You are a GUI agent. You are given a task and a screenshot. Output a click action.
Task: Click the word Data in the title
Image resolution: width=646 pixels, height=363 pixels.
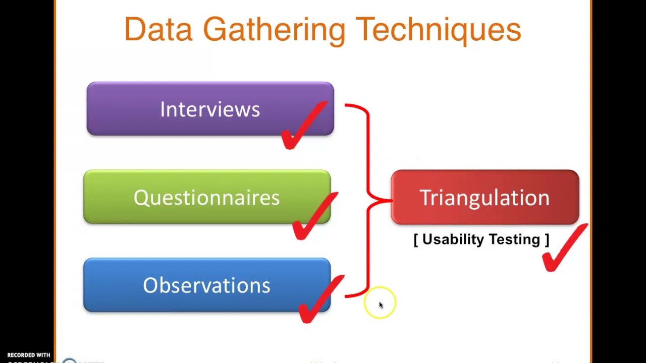(x=158, y=30)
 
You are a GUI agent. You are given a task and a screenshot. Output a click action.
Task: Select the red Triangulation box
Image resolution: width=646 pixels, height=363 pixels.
(x=484, y=197)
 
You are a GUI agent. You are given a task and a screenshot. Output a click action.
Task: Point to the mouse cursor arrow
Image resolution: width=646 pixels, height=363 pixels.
(x=381, y=305)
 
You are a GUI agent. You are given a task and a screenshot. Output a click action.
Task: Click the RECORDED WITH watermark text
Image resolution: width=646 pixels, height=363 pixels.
(x=29, y=355)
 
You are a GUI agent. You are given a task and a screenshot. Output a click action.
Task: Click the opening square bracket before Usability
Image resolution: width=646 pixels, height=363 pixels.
(x=416, y=239)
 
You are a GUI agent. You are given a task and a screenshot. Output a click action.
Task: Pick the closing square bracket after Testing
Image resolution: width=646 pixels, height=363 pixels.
(x=547, y=239)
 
